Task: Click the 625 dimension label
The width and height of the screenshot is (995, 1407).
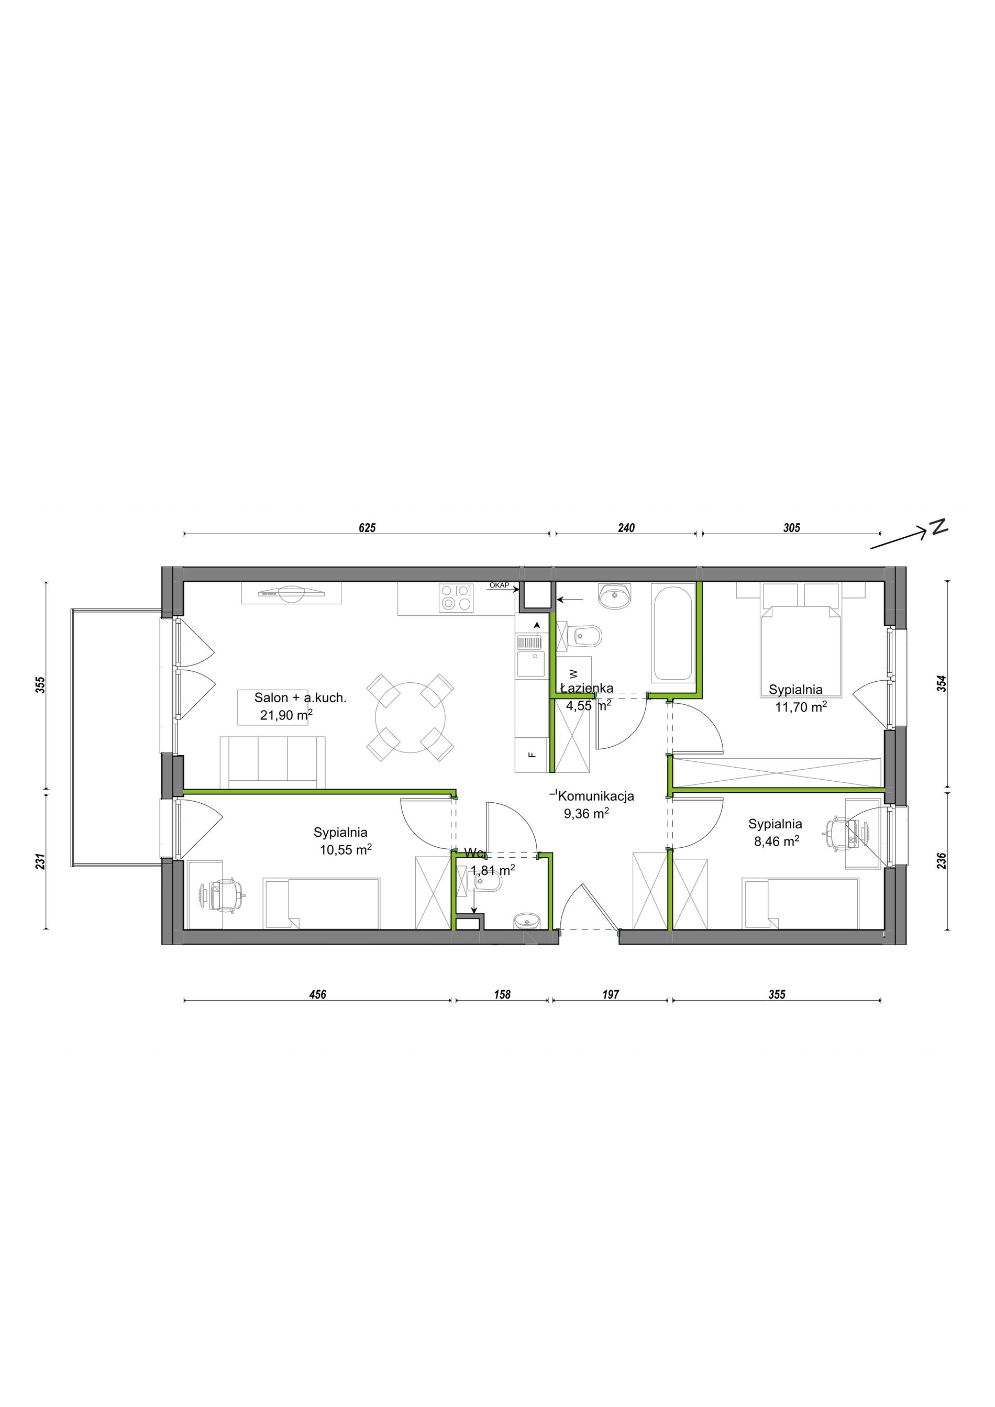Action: [367, 528]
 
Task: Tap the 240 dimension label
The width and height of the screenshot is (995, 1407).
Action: [627, 528]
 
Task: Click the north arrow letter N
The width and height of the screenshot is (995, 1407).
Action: [938, 527]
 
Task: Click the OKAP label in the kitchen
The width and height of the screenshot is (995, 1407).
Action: [500, 585]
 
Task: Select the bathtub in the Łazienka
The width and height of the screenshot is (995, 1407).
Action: [673, 634]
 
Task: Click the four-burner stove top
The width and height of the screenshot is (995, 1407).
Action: [457, 598]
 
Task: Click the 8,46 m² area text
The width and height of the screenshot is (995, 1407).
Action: [776, 841]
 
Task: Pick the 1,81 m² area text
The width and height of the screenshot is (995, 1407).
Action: [493, 870]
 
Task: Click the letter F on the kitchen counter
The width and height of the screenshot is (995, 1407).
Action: [533, 755]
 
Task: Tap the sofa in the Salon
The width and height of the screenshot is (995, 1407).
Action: [273, 762]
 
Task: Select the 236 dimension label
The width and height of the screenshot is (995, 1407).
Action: [942, 861]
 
